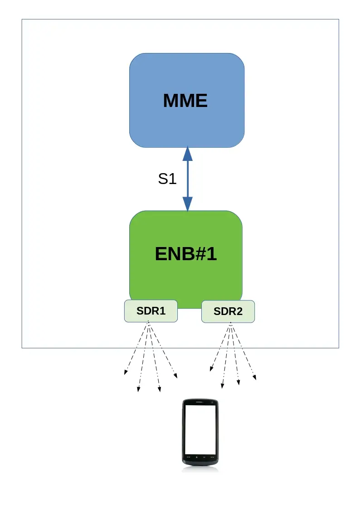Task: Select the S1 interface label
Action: pos(167,179)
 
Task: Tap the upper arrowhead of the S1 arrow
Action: pos(187,154)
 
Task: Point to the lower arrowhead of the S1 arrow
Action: pos(187,204)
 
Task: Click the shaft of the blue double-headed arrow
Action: pos(187,179)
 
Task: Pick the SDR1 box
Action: pos(151,311)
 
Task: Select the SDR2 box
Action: pos(228,311)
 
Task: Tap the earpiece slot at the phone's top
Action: pos(200,402)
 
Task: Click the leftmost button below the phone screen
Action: pos(187,457)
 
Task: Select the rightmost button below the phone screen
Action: pos(213,457)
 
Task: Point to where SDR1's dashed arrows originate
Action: pos(149,323)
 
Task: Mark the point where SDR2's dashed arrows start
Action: pos(230,324)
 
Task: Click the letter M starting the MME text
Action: pos(171,101)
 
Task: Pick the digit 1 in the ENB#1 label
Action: pos(212,254)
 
